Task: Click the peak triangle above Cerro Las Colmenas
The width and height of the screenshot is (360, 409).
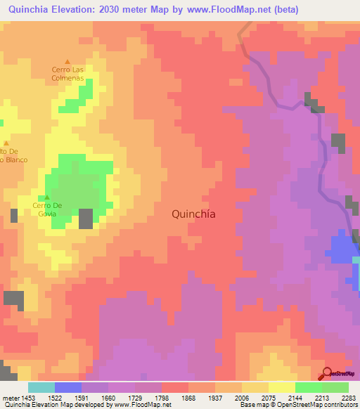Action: point(67,61)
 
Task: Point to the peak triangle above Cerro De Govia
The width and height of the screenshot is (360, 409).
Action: point(47,197)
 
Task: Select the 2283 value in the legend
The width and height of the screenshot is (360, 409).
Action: point(348,398)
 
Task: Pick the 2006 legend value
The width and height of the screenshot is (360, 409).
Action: point(242,398)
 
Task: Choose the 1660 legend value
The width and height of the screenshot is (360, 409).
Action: point(108,398)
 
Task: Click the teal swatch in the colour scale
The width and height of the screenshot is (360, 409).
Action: point(41,387)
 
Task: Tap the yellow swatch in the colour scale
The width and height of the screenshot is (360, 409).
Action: point(281,387)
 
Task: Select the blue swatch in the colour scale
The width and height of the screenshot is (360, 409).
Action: point(68,387)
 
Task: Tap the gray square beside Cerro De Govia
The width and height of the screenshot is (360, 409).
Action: point(86,219)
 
